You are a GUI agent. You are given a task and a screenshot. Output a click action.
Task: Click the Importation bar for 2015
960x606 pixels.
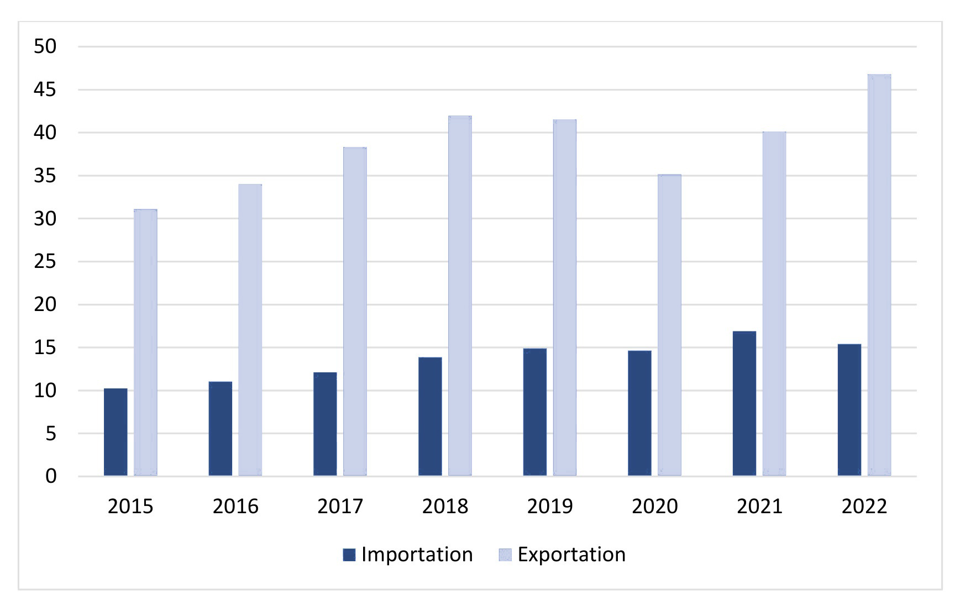tap(116, 432)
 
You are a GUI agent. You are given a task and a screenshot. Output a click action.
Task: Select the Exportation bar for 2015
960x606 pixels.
tap(145, 342)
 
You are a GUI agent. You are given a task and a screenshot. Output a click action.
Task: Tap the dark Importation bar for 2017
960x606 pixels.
tap(325, 424)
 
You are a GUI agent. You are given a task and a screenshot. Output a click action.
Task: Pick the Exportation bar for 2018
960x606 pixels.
tap(460, 296)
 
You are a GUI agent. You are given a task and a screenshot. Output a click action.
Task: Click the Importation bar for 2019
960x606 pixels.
tap(534, 412)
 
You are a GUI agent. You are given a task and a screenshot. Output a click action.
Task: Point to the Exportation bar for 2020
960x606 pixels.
tap(669, 325)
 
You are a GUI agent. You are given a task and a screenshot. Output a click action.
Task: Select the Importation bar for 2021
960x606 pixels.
tap(744, 403)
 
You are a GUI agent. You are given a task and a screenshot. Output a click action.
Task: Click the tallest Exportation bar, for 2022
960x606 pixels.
tap(879, 275)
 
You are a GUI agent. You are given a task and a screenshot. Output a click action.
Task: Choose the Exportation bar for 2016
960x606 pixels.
tap(250, 330)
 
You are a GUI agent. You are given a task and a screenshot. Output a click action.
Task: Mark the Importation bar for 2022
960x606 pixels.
tap(849, 409)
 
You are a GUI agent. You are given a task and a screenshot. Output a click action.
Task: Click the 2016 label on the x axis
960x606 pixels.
tap(235, 506)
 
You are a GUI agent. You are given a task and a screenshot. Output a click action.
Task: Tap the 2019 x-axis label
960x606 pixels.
tap(549, 506)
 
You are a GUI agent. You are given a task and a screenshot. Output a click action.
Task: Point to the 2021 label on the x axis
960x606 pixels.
tap(759, 506)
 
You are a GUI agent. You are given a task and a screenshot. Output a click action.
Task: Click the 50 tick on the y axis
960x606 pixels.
tap(45, 46)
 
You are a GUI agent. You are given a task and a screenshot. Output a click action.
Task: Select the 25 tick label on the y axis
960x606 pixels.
tap(45, 261)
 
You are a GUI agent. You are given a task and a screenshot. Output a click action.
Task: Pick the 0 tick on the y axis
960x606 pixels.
tap(51, 476)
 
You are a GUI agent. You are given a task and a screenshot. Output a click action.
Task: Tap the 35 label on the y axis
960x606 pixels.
tap(45, 176)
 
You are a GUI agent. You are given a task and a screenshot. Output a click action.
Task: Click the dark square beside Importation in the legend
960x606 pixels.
tap(349, 555)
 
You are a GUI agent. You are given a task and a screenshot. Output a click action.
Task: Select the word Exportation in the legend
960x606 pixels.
tap(571, 555)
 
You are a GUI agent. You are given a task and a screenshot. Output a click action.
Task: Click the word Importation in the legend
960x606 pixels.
tap(417, 555)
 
